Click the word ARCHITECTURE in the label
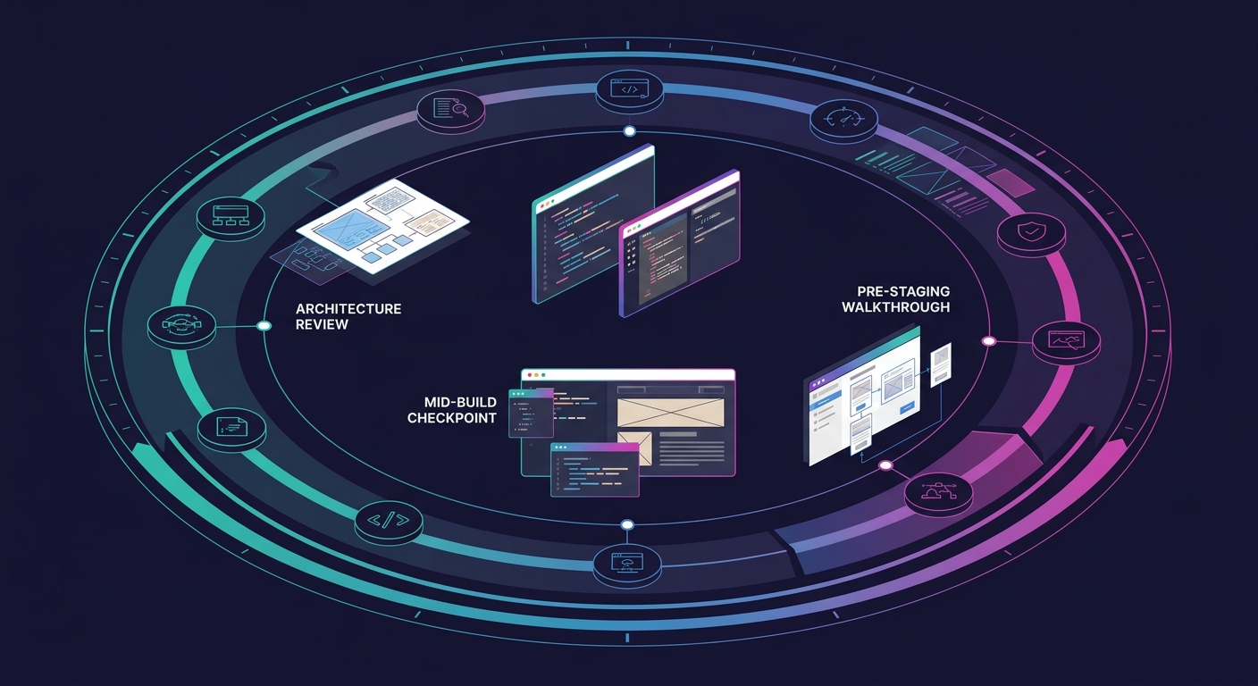pyautogui.click(x=348, y=309)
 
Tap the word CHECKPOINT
pyautogui.click(x=451, y=418)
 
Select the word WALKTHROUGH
pyautogui.click(x=896, y=307)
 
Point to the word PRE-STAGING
pyautogui.click(x=903, y=291)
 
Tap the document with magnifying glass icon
pyautogui.click(x=451, y=108)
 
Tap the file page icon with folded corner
pyautogui.click(x=231, y=426)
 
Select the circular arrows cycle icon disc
pyautogui.click(x=181, y=326)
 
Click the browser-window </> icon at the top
pyautogui.click(x=630, y=89)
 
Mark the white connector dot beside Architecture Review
pyautogui.click(x=264, y=326)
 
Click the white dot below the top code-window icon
pyautogui.click(x=630, y=131)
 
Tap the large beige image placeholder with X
pyautogui.click(x=671, y=413)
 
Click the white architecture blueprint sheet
pyautogui.click(x=382, y=226)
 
